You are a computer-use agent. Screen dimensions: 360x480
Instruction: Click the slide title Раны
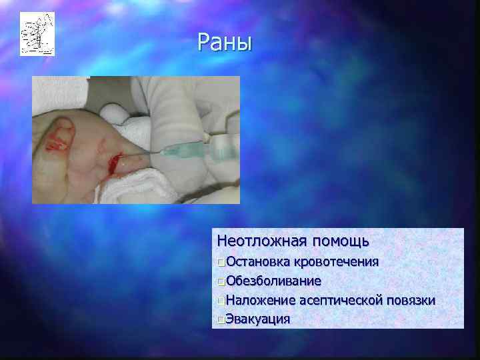[x=225, y=43]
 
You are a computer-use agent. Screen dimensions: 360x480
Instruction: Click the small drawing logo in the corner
[x=37, y=34]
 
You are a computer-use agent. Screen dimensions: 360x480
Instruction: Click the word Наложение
[x=257, y=300]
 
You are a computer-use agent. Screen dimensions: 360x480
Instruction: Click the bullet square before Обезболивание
[x=221, y=281]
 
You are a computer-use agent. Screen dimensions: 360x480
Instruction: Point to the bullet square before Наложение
[x=221, y=301]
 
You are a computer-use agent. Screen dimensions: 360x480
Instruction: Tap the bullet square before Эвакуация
[x=221, y=319]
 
